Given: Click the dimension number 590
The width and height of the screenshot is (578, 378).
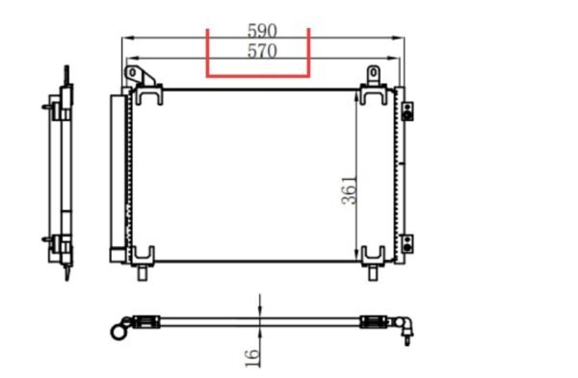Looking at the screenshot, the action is (x=262, y=31).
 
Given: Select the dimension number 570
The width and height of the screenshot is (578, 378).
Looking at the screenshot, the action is (x=262, y=51).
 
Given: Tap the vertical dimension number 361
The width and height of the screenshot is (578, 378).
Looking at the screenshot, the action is (x=349, y=190).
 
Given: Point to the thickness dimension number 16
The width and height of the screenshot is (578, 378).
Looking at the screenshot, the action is (x=252, y=358).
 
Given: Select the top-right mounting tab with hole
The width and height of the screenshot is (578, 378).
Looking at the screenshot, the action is (x=373, y=75).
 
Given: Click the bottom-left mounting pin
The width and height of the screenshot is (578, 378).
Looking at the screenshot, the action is (x=143, y=273).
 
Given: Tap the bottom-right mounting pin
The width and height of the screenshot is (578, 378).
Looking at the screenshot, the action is (x=373, y=273).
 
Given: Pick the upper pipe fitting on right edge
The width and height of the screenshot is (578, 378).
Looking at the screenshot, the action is (x=407, y=112).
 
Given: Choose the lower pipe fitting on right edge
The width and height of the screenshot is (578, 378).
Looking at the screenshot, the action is (x=407, y=243).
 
